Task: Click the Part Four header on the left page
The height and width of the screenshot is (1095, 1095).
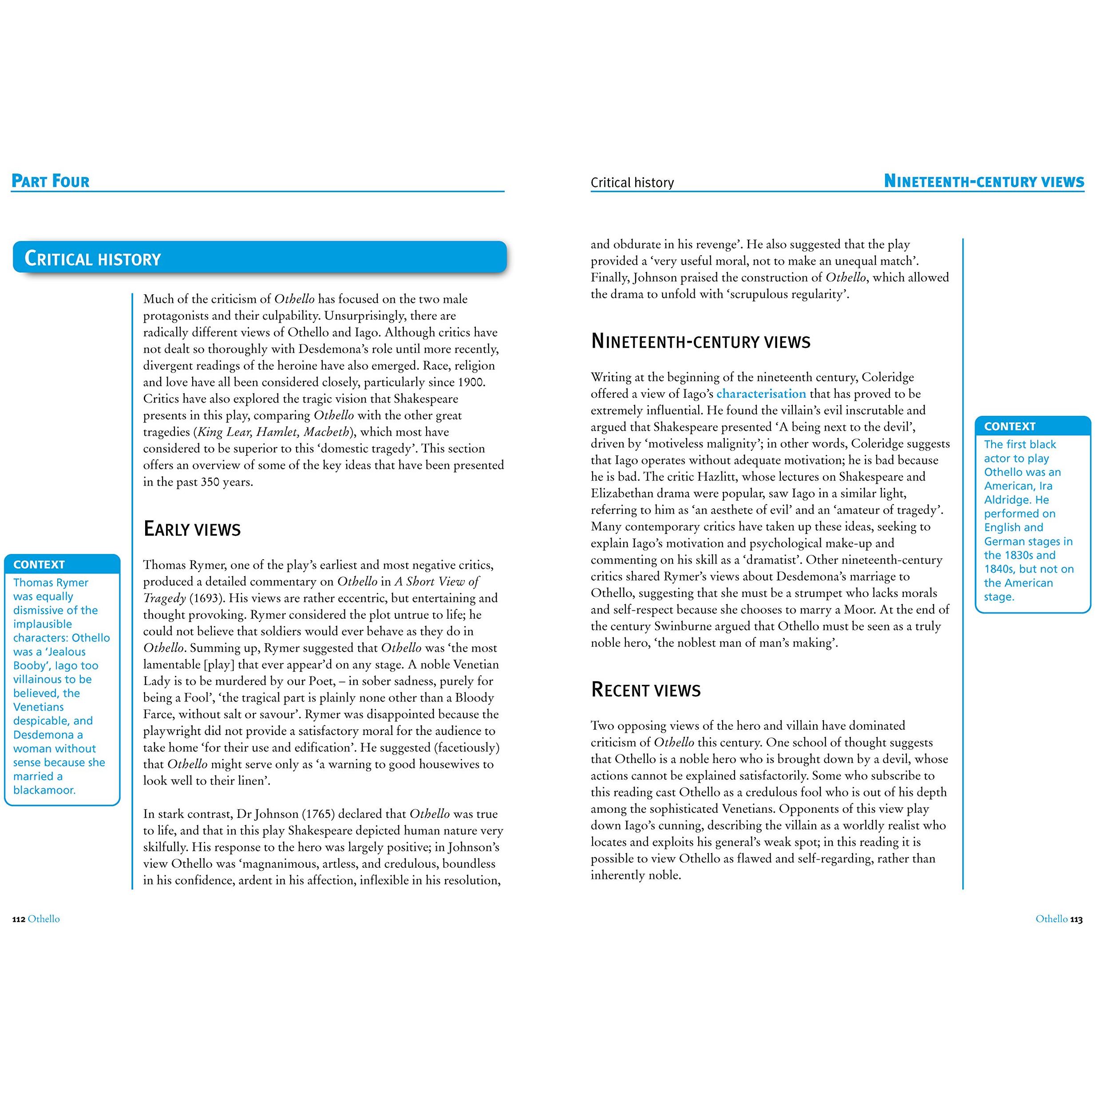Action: click(x=51, y=182)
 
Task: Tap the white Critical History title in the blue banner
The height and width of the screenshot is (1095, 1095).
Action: click(x=93, y=259)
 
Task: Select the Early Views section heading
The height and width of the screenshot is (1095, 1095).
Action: click(x=192, y=529)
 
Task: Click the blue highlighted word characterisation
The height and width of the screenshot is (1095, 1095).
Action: click(x=761, y=394)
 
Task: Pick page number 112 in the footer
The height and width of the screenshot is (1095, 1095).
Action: click(x=19, y=919)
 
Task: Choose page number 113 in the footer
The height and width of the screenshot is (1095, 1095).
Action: click(x=1076, y=919)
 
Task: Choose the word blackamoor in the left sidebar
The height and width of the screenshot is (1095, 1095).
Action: click(x=44, y=790)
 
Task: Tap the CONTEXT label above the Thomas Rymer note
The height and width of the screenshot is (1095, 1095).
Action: click(x=39, y=565)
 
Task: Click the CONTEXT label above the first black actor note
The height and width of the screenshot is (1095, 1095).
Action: click(x=1009, y=426)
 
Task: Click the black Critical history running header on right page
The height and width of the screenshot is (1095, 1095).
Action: click(x=632, y=182)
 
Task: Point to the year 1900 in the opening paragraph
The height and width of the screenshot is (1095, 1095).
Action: click(x=470, y=382)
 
